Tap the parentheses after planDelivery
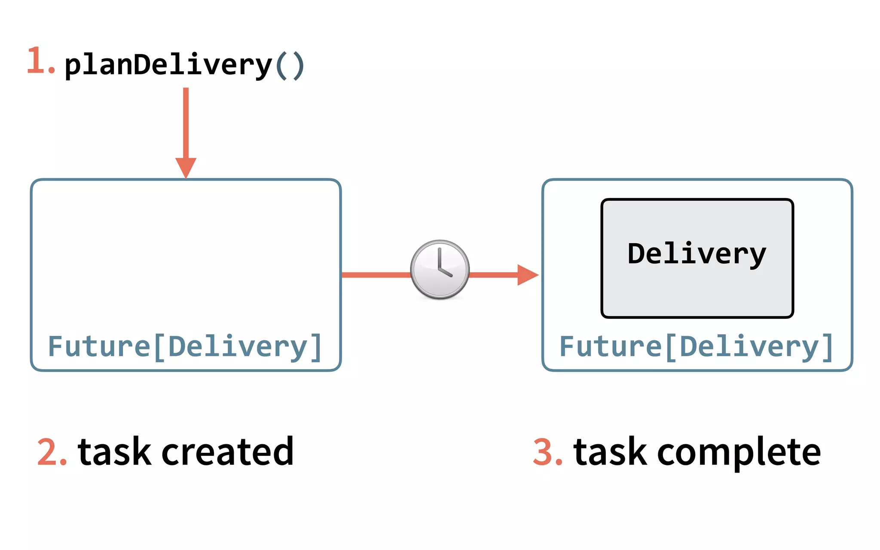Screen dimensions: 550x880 290,66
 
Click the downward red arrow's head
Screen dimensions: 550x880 186,167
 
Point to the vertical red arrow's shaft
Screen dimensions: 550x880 186,122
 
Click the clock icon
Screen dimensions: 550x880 440,270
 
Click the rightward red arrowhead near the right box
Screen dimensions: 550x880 527,275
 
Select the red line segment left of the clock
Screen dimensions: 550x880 376,275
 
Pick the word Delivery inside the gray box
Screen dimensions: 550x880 697,254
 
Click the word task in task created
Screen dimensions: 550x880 114,452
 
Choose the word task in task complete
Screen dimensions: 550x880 610,452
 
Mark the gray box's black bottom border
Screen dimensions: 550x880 697,317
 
